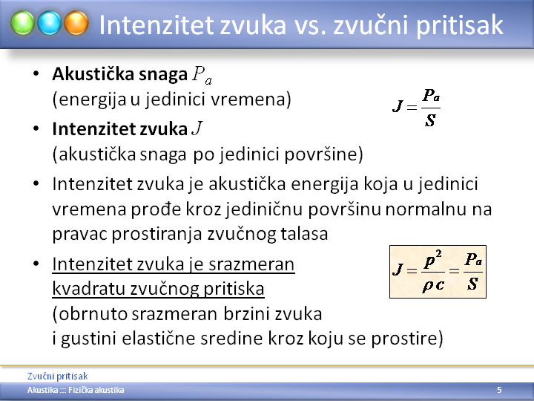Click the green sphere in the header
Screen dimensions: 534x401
[x=22, y=23]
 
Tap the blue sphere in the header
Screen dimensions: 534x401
[x=50, y=23]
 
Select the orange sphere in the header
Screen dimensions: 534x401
[x=76, y=23]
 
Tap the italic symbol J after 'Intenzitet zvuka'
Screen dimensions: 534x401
[x=197, y=128]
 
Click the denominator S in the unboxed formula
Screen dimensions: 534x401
[x=430, y=120]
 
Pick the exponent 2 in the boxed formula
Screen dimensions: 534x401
[x=438, y=254]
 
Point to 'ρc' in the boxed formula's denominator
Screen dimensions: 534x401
[x=433, y=284]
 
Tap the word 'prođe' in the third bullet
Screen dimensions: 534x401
[x=156, y=209]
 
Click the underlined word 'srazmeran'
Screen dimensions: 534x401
[x=251, y=264]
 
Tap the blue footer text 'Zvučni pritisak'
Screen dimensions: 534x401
[x=58, y=376]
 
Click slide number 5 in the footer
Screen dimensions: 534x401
[x=499, y=390]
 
